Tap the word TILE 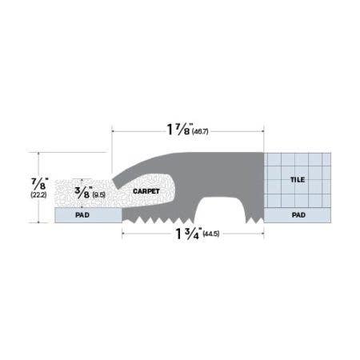click(298, 181)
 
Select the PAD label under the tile click(298, 215)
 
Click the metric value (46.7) click(206, 127)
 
